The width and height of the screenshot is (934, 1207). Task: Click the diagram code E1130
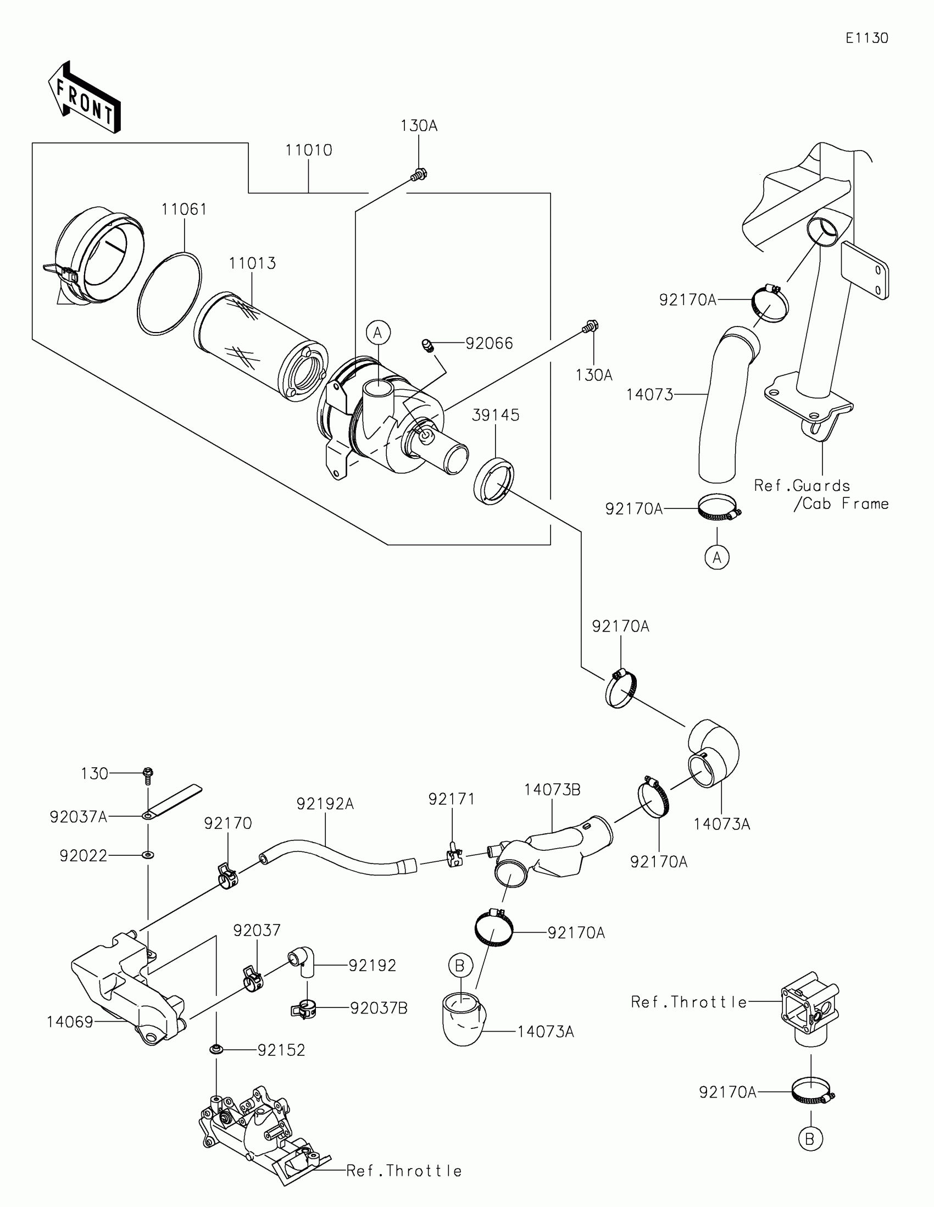[866, 38]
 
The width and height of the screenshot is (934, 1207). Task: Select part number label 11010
[308, 150]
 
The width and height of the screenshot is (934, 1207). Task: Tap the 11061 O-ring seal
[170, 294]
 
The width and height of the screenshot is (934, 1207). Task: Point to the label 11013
[252, 264]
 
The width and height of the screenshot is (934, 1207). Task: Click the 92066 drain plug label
[489, 344]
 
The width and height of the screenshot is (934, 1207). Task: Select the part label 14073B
[552, 790]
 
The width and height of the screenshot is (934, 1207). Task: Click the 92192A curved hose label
[325, 804]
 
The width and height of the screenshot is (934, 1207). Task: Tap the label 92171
[451, 799]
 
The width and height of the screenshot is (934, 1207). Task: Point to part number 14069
[70, 1022]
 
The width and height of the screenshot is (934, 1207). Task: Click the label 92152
[281, 1050]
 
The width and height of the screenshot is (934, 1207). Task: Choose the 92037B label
[379, 1009]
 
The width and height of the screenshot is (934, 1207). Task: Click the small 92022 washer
[148, 856]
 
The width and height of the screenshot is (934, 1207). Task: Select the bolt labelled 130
[148, 774]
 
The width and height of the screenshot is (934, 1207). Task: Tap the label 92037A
[79, 817]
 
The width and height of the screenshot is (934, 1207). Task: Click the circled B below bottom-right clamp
[810, 1139]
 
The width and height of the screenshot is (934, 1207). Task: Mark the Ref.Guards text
[802, 486]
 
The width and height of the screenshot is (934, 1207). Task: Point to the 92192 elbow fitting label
[373, 966]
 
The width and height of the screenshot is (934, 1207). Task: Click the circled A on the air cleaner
[378, 333]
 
